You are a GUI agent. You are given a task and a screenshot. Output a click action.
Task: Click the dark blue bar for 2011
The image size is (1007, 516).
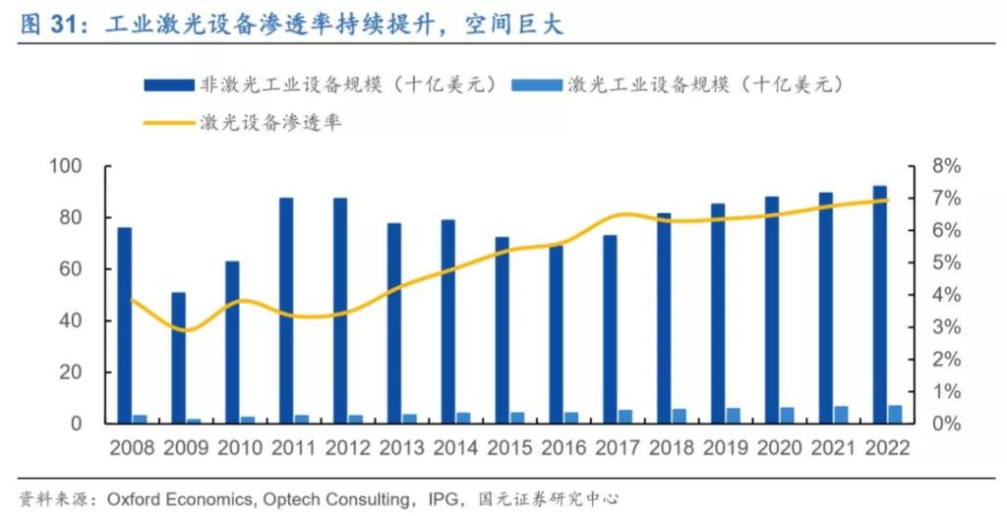tap(286, 311)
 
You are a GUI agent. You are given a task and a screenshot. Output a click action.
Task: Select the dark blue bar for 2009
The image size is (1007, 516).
tap(178, 358)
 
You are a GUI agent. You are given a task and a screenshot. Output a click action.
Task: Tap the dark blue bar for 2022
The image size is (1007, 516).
tap(879, 305)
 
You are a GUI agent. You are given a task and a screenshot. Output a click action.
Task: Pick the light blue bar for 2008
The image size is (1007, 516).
tap(141, 420)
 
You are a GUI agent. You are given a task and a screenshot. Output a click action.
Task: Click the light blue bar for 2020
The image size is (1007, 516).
tap(787, 416)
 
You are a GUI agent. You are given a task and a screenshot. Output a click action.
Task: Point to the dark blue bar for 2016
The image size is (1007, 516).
tap(556, 334)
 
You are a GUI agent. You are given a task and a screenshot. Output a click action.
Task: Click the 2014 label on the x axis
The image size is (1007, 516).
tap(455, 448)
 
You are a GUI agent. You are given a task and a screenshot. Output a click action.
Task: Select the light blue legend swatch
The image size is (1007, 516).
tap(536, 86)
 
